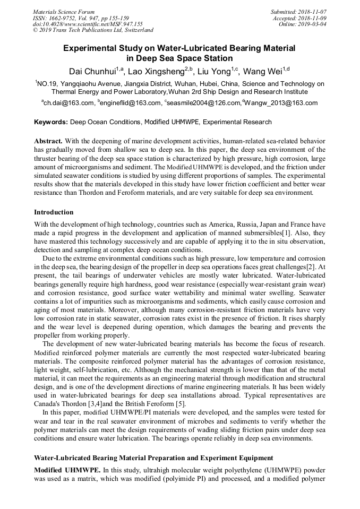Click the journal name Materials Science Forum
[64, 12]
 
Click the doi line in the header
[88, 24]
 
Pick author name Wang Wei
[265, 71]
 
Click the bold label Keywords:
[51, 122]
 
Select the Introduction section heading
[54, 212]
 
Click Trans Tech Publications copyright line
[93, 30]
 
